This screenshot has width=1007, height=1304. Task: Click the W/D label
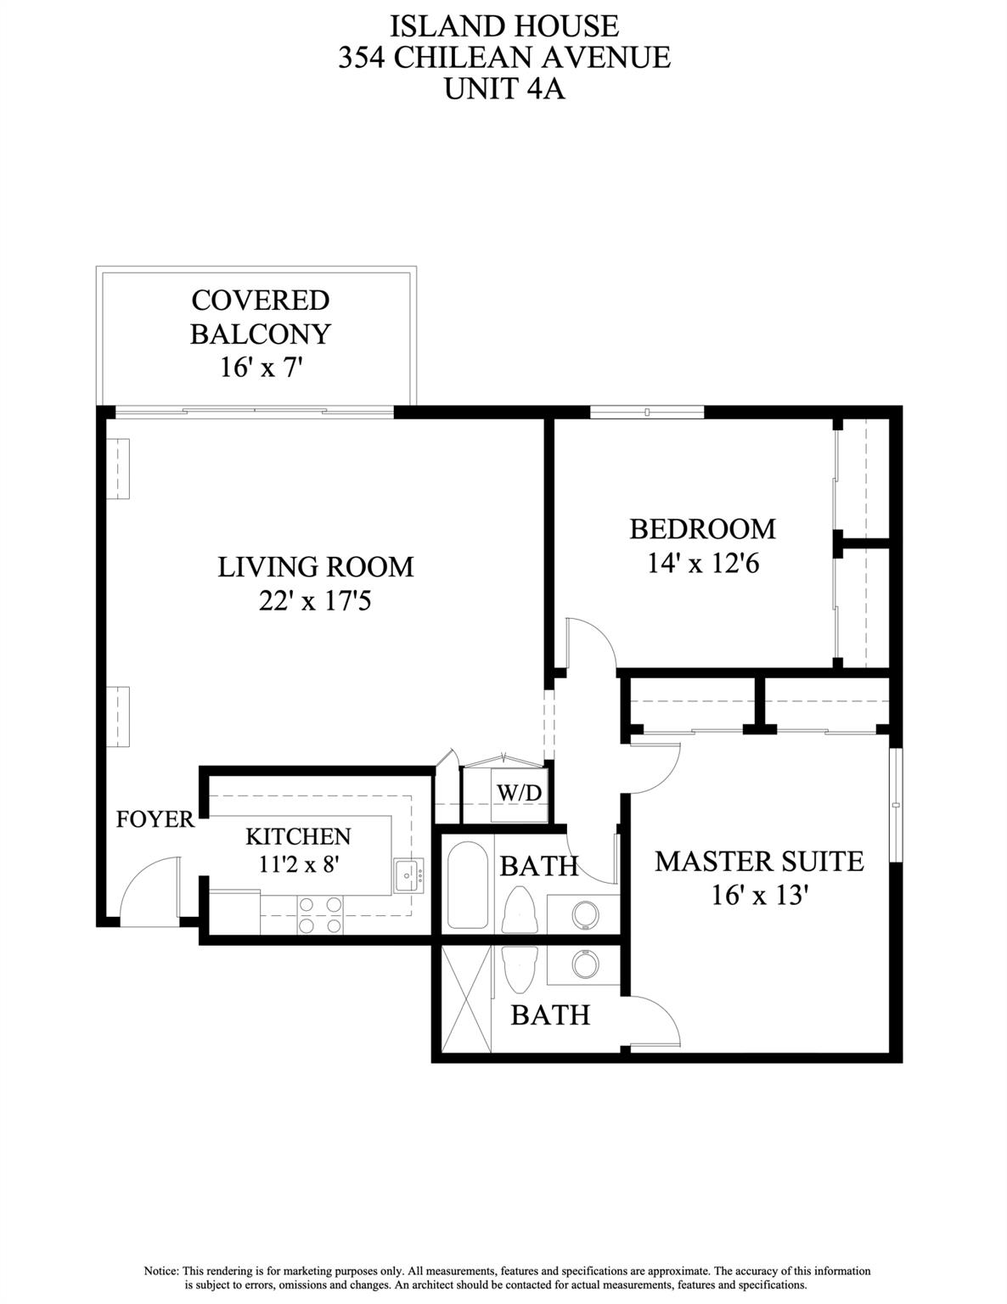pyautogui.click(x=519, y=792)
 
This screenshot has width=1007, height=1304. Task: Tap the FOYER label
pyautogui.click(x=155, y=819)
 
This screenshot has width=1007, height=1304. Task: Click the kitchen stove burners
pyautogui.click(x=321, y=915)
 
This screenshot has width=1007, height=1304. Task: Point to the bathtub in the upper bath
pyautogui.click(x=466, y=885)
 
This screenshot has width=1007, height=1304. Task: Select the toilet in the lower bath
pyautogui.click(x=517, y=969)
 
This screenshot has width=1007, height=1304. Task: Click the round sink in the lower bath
pyautogui.click(x=584, y=964)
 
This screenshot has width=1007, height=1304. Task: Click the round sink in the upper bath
pyautogui.click(x=584, y=914)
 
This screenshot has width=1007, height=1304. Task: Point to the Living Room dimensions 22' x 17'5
pyautogui.click(x=315, y=602)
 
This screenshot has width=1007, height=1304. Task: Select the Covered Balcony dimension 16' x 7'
pyautogui.click(x=261, y=368)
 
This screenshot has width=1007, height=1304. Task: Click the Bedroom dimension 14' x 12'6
pyautogui.click(x=703, y=563)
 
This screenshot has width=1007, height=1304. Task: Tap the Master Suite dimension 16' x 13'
pyautogui.click(x=759, y=895)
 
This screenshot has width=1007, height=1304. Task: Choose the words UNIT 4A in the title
pyautogui.click(x=504, y=88)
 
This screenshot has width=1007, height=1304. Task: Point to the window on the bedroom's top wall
pyautogui.click(x=647, y=413)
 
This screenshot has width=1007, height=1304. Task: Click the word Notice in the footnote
pyautogui.click(x=160, y=1271)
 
